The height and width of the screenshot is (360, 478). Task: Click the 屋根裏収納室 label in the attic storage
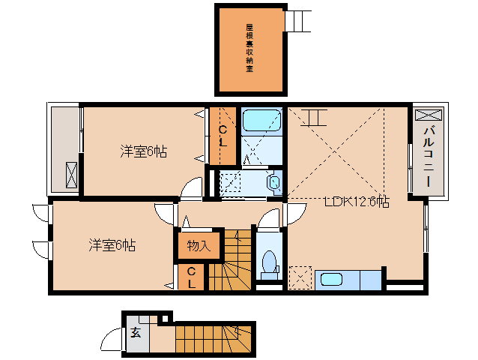coord(249,48)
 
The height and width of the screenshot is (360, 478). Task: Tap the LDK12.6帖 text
coord(356,202)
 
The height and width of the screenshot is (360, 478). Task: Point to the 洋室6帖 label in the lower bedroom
coord(112,244)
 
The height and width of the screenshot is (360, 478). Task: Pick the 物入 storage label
coord(199,245)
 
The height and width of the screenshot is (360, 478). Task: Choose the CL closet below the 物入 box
coord(192,277)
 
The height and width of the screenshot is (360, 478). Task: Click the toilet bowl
coord(269,265)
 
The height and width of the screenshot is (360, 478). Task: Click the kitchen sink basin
coord(330,280)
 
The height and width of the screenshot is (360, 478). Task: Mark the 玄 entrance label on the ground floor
coord(136,333)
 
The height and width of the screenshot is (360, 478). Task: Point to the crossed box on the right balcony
coord(429,116)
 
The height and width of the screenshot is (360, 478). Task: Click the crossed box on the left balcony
coord(73,174)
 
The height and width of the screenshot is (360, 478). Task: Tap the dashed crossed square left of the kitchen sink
coord(300,277)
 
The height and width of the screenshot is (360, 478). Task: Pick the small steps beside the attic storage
coord(297,21)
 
